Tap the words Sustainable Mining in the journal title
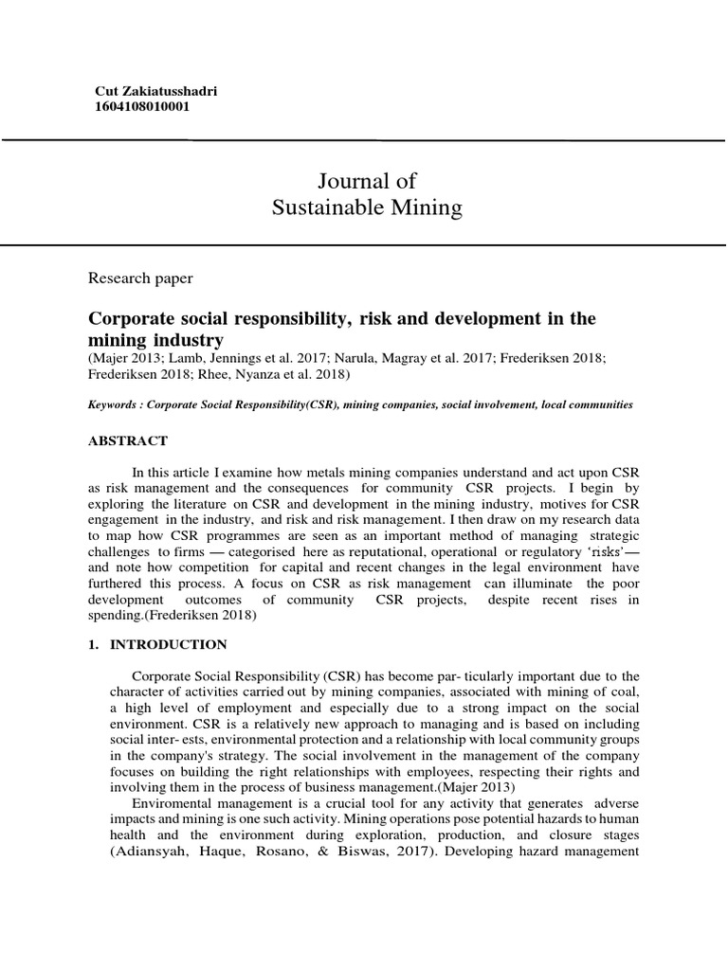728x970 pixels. pyautogui.click(x=367, y=208)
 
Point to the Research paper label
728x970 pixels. pyautogui.click(x=140, y=278)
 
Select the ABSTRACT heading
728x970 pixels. pyautogui.click(x=128, y=440)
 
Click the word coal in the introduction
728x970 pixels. pyautogui.click(x=621, y=692)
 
